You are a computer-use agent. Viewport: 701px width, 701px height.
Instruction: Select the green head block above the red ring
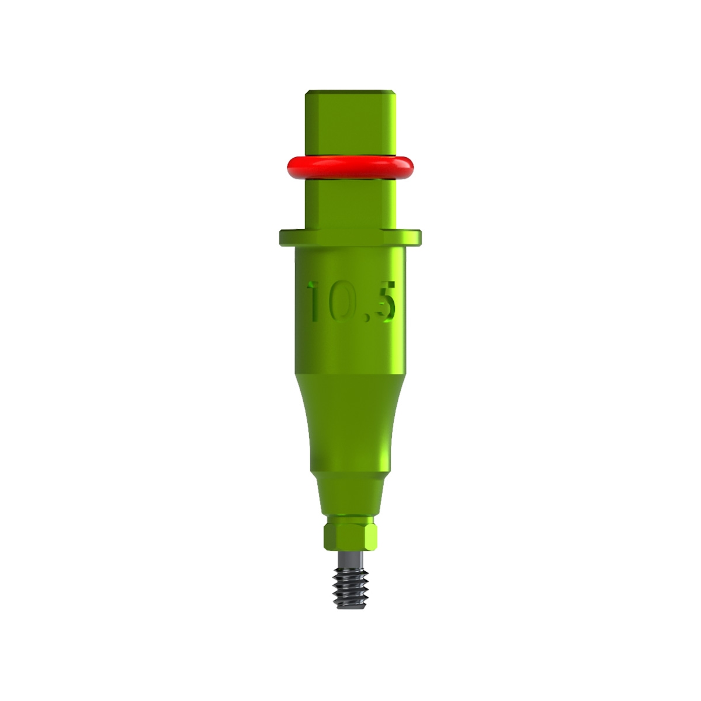[x=350, y=123]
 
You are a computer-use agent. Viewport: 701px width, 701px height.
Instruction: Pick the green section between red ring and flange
[x=350, y=202]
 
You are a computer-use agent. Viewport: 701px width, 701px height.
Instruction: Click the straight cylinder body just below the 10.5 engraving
[x=350, y=350]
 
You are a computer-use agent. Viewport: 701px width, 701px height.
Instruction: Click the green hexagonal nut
[x=350, y=535]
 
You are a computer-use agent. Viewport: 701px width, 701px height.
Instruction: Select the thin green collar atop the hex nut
[x=350, y=519]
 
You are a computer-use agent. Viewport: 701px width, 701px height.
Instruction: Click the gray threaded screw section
[x=350, y=578]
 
